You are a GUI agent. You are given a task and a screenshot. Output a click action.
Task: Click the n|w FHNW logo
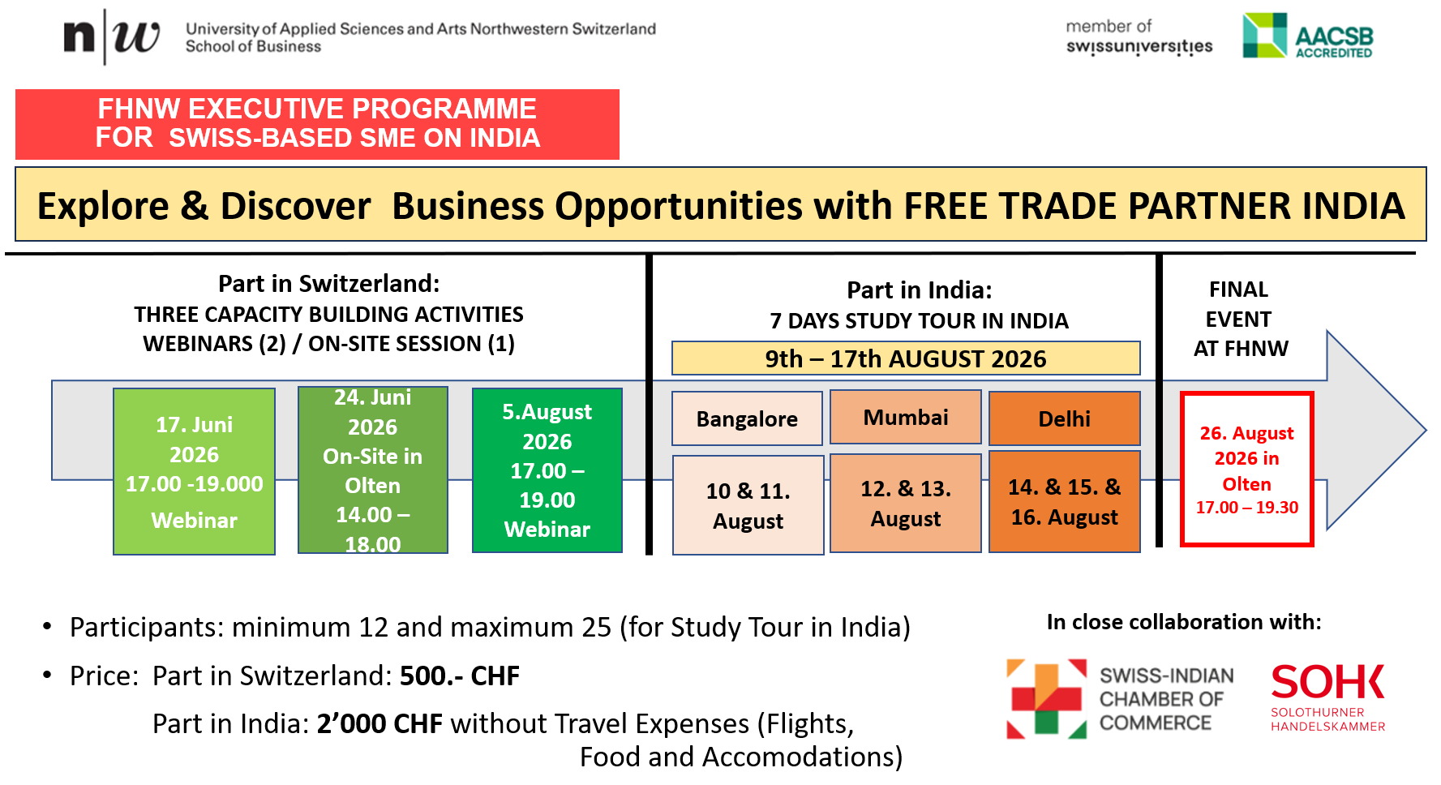coord(111,36)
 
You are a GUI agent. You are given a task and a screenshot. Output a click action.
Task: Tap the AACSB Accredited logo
coord(1307,36)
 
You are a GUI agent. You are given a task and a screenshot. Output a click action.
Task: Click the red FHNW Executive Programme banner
coord(317,124)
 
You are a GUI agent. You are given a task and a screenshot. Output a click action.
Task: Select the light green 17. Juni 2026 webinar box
coord(194,471)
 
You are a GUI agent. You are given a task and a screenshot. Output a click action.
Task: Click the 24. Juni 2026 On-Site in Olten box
coord(373,470)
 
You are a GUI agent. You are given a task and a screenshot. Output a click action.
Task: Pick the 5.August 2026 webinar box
coord(547,470)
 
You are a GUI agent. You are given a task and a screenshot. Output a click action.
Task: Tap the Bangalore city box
coord(747,418)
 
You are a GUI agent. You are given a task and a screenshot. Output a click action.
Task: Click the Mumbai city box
coord(906,417)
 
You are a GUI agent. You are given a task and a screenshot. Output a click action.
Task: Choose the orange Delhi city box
coord(1065,418)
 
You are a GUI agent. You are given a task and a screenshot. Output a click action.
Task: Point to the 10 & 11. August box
coord(748,505)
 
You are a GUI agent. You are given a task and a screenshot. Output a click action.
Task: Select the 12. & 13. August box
coord(906,503)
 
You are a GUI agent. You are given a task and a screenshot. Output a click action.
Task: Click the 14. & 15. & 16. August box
coord(1065,501)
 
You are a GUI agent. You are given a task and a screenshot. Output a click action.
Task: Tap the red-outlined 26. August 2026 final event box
coord(1247,470)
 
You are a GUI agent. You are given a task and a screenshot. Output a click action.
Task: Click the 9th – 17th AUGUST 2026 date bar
coord(906,358)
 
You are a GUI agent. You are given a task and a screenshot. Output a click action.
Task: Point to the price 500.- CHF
coord(460,676)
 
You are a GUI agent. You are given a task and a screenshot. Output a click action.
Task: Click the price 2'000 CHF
coord(380,723)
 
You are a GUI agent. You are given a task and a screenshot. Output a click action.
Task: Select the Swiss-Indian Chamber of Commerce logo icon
coord(1046,698)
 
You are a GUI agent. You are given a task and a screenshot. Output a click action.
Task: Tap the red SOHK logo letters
coord(1327,682)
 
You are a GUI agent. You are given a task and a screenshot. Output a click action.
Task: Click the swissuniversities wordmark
coord(1139,46)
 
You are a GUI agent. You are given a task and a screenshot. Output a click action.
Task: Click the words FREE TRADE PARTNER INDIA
coord(1154,206)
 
